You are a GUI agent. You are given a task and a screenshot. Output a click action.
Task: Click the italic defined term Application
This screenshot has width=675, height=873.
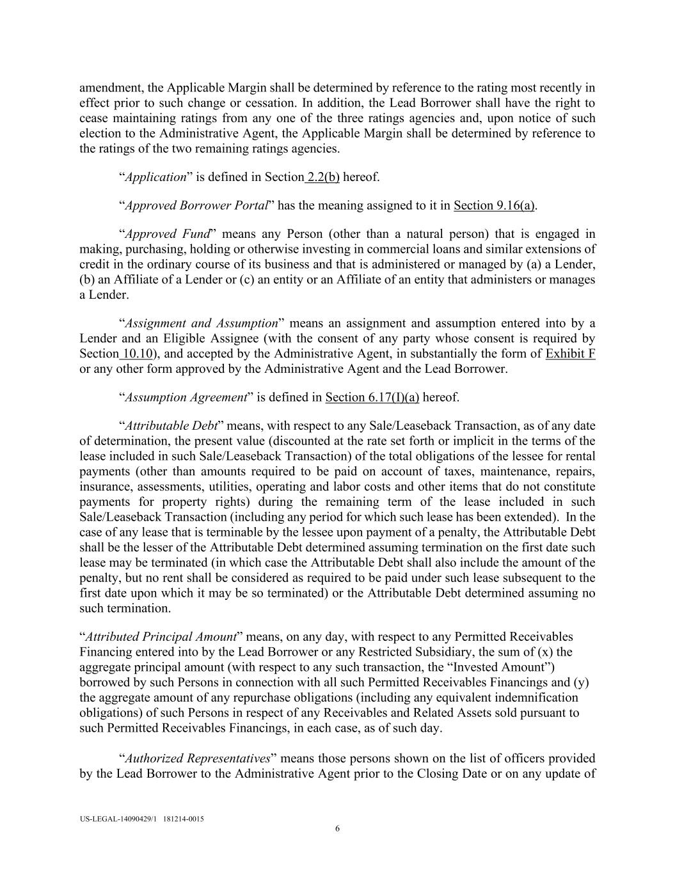(x=155, y=177)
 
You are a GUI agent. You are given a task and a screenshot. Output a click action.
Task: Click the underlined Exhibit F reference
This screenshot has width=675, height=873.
(x=570, y=354)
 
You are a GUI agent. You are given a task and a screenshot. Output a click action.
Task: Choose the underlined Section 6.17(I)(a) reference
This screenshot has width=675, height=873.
(x=372, y=397)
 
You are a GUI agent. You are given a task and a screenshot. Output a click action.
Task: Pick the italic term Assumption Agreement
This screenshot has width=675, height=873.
(x=186, y=397)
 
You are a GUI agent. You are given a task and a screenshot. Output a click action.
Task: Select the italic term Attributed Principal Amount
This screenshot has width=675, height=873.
(x=161, y=636)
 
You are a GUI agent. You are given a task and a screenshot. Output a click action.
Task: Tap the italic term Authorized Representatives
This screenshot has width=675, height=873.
(x=197, y=759)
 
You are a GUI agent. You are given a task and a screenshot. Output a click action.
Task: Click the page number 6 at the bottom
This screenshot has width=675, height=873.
(x=337, y=829)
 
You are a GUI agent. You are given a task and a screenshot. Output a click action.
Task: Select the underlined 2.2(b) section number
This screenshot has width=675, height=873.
(x=323, y=177)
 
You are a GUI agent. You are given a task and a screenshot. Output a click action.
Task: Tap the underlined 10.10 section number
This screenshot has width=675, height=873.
(x=136, y=354)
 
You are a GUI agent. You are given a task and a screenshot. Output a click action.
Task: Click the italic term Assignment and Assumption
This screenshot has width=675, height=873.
(x=201, y=323)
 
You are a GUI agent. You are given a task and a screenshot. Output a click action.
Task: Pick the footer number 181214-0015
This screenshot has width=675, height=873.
(x=184, y=819)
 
